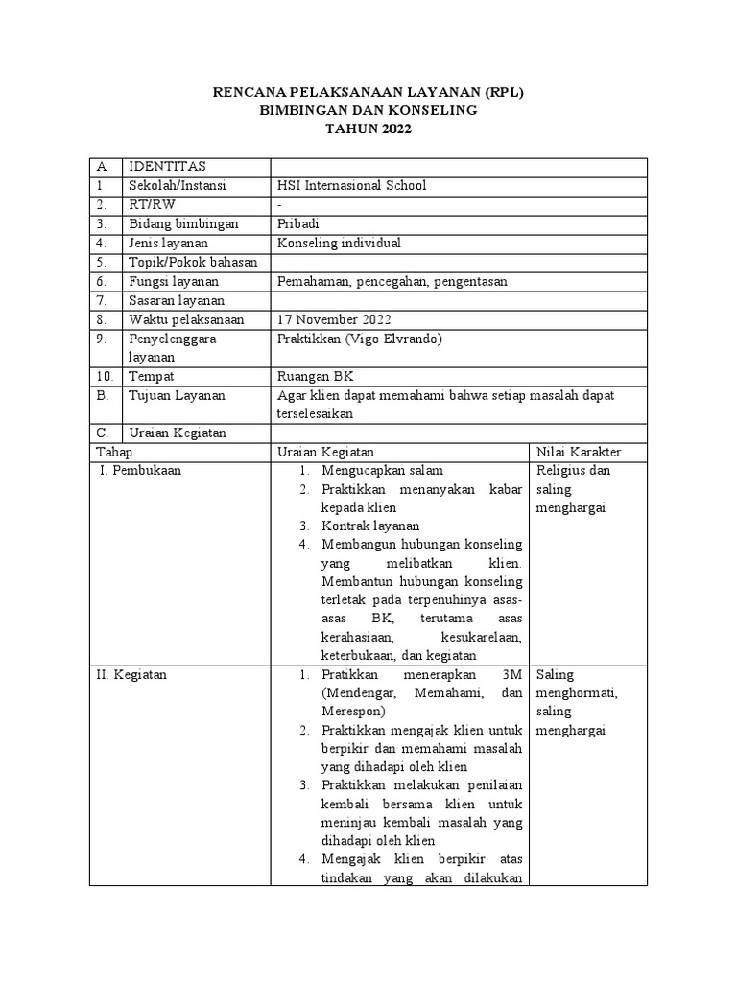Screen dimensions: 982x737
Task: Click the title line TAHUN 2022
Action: pos(368,129)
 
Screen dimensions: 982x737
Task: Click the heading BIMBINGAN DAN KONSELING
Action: pos(368,110)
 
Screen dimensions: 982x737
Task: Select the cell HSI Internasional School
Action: pos(351,186)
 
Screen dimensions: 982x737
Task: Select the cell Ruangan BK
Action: pos(314,376)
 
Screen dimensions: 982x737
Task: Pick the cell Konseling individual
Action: pos(339,244)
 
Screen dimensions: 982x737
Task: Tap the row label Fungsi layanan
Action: pos(174,281)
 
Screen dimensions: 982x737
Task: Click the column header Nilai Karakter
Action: pos(580,452)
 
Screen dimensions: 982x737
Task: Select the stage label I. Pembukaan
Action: pos(140,471)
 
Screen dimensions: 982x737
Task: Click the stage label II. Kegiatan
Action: pos(131,674)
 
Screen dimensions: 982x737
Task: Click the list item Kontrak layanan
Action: pos(370,526)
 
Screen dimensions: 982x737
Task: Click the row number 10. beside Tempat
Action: pos(106,376)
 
